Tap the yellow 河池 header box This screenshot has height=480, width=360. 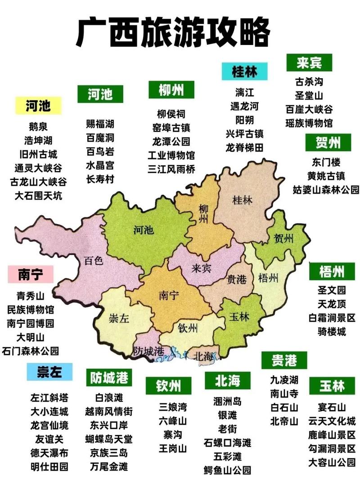pyautogui.click(x=38, y=106)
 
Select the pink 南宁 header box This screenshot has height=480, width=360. pyautogui.click(x=31, y=274)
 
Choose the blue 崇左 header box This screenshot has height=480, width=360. pyautogui.click(x=49, y=372)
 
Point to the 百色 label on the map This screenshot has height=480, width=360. pyautogui.click(x=94, y=260)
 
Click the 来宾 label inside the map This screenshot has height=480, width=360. pyautogui.click(x=201, y=269)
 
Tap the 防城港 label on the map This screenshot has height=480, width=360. pyautogui.click(x=148, y=350)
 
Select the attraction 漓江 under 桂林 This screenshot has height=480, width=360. pyautogui.click(x=245, y=93)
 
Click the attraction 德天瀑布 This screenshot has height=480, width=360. pyautogui.click(x=49, y=453)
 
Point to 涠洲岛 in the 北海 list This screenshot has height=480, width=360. pyautogui.click(x=228, y=401)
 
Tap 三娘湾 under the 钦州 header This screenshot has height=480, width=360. pyautogui.click(x=173, y=407)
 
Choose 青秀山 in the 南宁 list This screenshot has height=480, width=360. pyautogui.click(x=31, y=296)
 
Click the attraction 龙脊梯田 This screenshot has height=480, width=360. pyautogui.click(x=245, y=147)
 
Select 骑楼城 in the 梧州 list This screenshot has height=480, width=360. pyautogui.click(x=332, y=332)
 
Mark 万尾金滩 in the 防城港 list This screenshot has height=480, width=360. pyautogui.click(x=109, y=467)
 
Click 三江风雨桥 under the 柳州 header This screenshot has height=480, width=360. pyautogui.click(x=171, y=169)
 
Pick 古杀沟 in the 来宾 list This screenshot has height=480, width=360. pyautogui.click(x=309, y=82)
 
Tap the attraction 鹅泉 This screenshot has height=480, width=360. pyautogui.click(x=38, y=127)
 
